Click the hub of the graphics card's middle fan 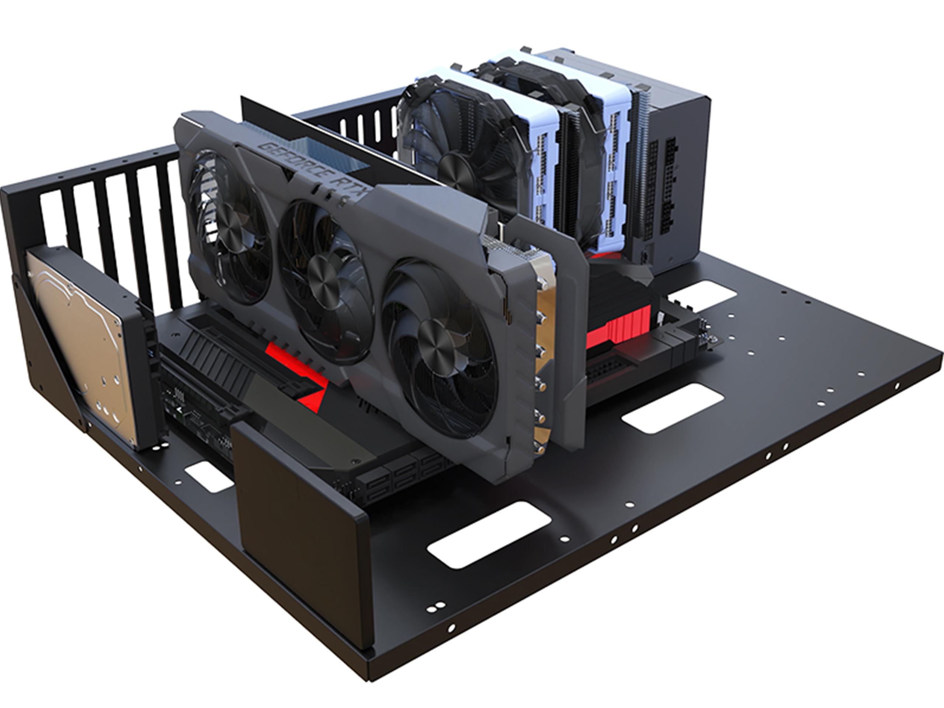click(x=323, y=277)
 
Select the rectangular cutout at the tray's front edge click(x=489, y=535)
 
